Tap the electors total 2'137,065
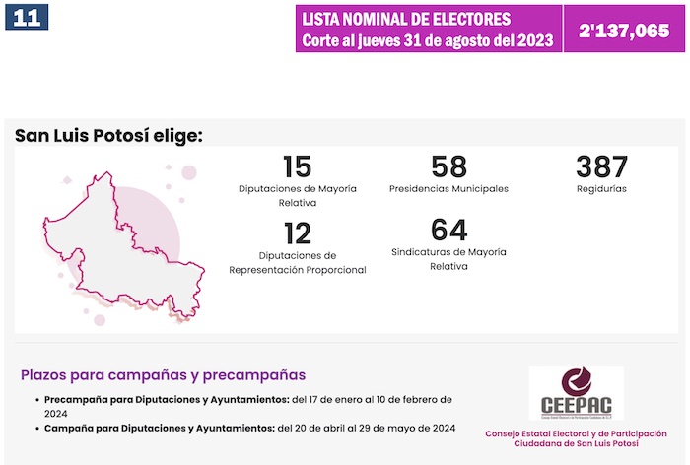pyautogui.click(x=624, y=31)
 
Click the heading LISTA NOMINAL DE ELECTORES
pyautogui.click(x=406, y=19)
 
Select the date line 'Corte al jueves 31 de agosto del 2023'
pyautogui.click(x=427, y=41)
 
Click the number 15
pyautogui.click(x=297, y=166)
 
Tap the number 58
pyautogui.click(x=448, y=166)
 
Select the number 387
pyautogui.click(x=601, y=166)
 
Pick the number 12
pyautogui.click(x=297, y=232)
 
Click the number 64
pyautogui.click(x=448, y=231)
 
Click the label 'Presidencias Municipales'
pyautogui.click(x=448, y=188)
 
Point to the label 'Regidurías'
pyautogui.click(x=601, y=188)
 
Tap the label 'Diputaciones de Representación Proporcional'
pyautogui.click(x=297, y=262)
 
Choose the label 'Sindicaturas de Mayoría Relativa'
pyautogui.click(x=448, y=259)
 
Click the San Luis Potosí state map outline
pyautogui.click(x=118, y=246)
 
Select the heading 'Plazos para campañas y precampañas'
pyautogui.click(x=163, y=375)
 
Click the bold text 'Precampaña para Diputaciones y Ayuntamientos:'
pyautogui.click(x=167, y=399)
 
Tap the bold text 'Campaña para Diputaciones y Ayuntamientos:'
pyautogui.click(x=159, y=428)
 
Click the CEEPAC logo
pyautogui.click(x=576, y=393)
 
